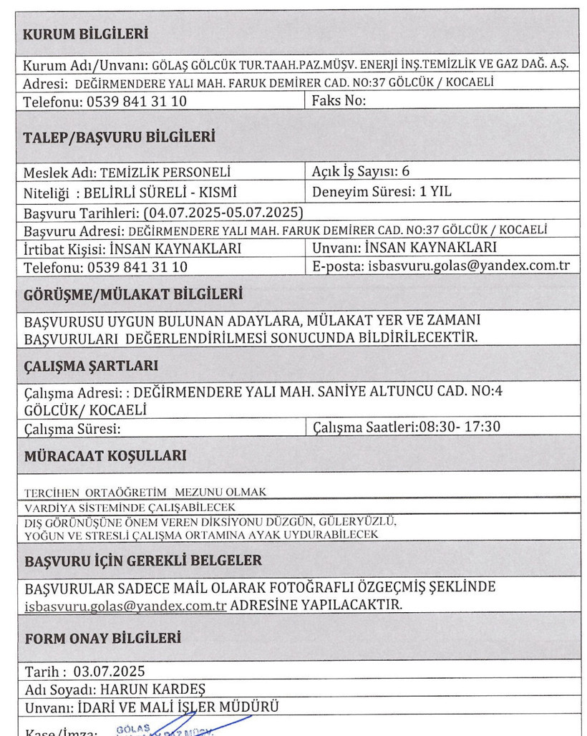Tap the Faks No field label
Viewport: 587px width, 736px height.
click(x=339, y=101)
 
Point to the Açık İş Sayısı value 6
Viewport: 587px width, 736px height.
click(x=405, y=172)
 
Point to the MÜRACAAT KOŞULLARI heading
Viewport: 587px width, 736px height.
click(x=105, y=455)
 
